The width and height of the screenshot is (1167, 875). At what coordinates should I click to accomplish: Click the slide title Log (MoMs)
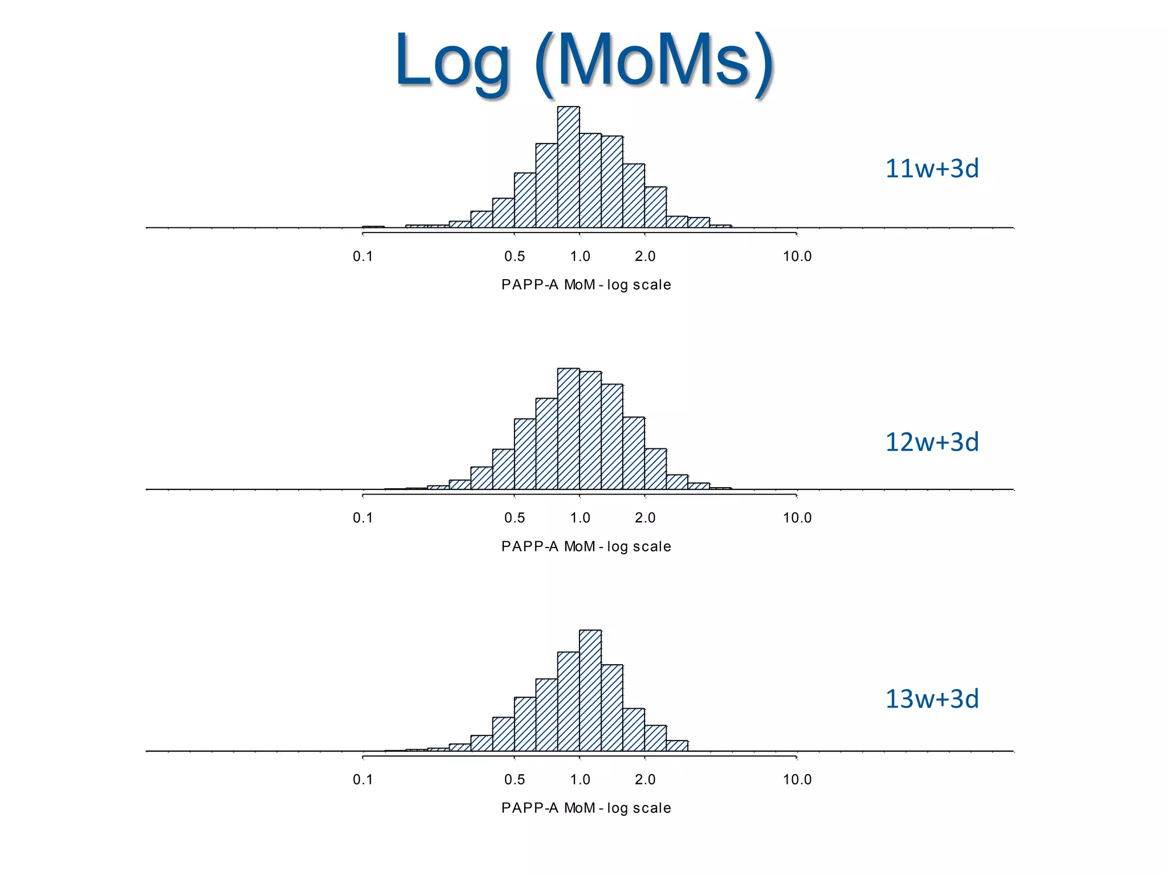point(583,60)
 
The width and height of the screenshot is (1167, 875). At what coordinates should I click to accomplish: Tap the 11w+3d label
point(932,169)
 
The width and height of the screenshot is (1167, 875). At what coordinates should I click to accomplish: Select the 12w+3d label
point(932,442)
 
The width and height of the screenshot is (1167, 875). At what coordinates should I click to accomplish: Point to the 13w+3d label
point(932,699)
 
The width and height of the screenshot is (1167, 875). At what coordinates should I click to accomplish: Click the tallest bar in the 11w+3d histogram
point(568,168)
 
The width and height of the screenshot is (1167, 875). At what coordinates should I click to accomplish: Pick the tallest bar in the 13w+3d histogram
point(590,690)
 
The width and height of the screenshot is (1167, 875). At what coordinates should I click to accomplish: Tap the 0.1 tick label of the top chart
point(362,256)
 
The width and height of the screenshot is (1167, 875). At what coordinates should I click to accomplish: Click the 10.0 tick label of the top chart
point(797,256)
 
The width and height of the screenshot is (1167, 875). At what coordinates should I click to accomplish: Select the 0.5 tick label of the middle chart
point(514,518)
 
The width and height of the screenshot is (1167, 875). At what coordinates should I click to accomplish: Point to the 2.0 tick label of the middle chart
point(645,518)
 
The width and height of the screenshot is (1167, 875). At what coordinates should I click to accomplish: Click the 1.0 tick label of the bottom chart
point(580,779)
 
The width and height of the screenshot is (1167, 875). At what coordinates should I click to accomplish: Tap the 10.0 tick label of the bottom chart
point(797,779)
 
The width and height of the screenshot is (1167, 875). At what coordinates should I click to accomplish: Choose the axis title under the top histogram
point(586,285)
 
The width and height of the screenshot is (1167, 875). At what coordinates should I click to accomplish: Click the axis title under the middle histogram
point(586,546)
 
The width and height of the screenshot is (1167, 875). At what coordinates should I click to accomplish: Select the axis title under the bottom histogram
point(586,808)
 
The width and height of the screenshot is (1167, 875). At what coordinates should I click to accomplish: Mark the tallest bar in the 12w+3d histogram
point(568,428)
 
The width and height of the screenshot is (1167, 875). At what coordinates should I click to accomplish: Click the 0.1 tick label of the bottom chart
point(362,779)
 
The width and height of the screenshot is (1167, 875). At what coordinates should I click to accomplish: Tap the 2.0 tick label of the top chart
point(645,256)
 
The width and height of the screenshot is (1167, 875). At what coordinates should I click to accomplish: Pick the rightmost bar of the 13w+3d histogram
point(677,746)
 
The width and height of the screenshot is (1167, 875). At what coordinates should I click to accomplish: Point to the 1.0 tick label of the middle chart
point(580,518)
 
